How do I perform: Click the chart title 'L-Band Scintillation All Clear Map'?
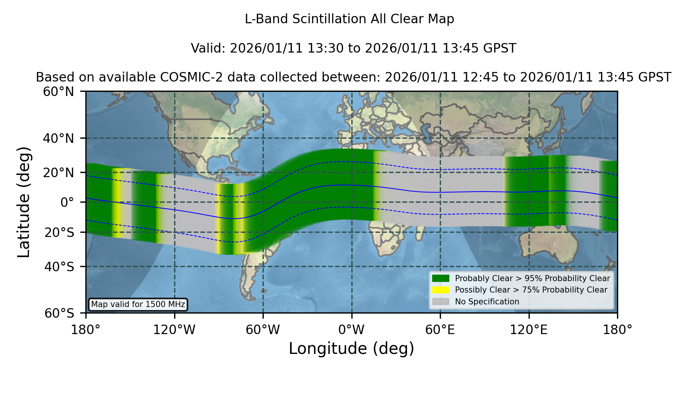point(349,19)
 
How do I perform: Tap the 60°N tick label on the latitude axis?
point(59,92)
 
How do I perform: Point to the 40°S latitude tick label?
point(59,267)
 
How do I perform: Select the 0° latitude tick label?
point(67,202)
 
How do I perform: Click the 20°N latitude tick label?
point(59,173)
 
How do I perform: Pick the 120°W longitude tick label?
point(174,330)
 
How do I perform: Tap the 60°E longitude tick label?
point(440,330)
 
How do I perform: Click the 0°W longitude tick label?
point(351,330)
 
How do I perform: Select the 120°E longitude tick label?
point(529,330)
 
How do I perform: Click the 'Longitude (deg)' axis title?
point(351,349)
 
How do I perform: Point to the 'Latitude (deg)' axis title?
point(24,202)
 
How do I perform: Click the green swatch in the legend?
point(441,278)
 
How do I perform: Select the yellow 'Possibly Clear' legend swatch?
point(441,290)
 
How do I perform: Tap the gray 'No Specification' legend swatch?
point(441,302)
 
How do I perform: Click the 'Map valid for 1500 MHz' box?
point(138,304)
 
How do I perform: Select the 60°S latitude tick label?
point(59,314)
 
